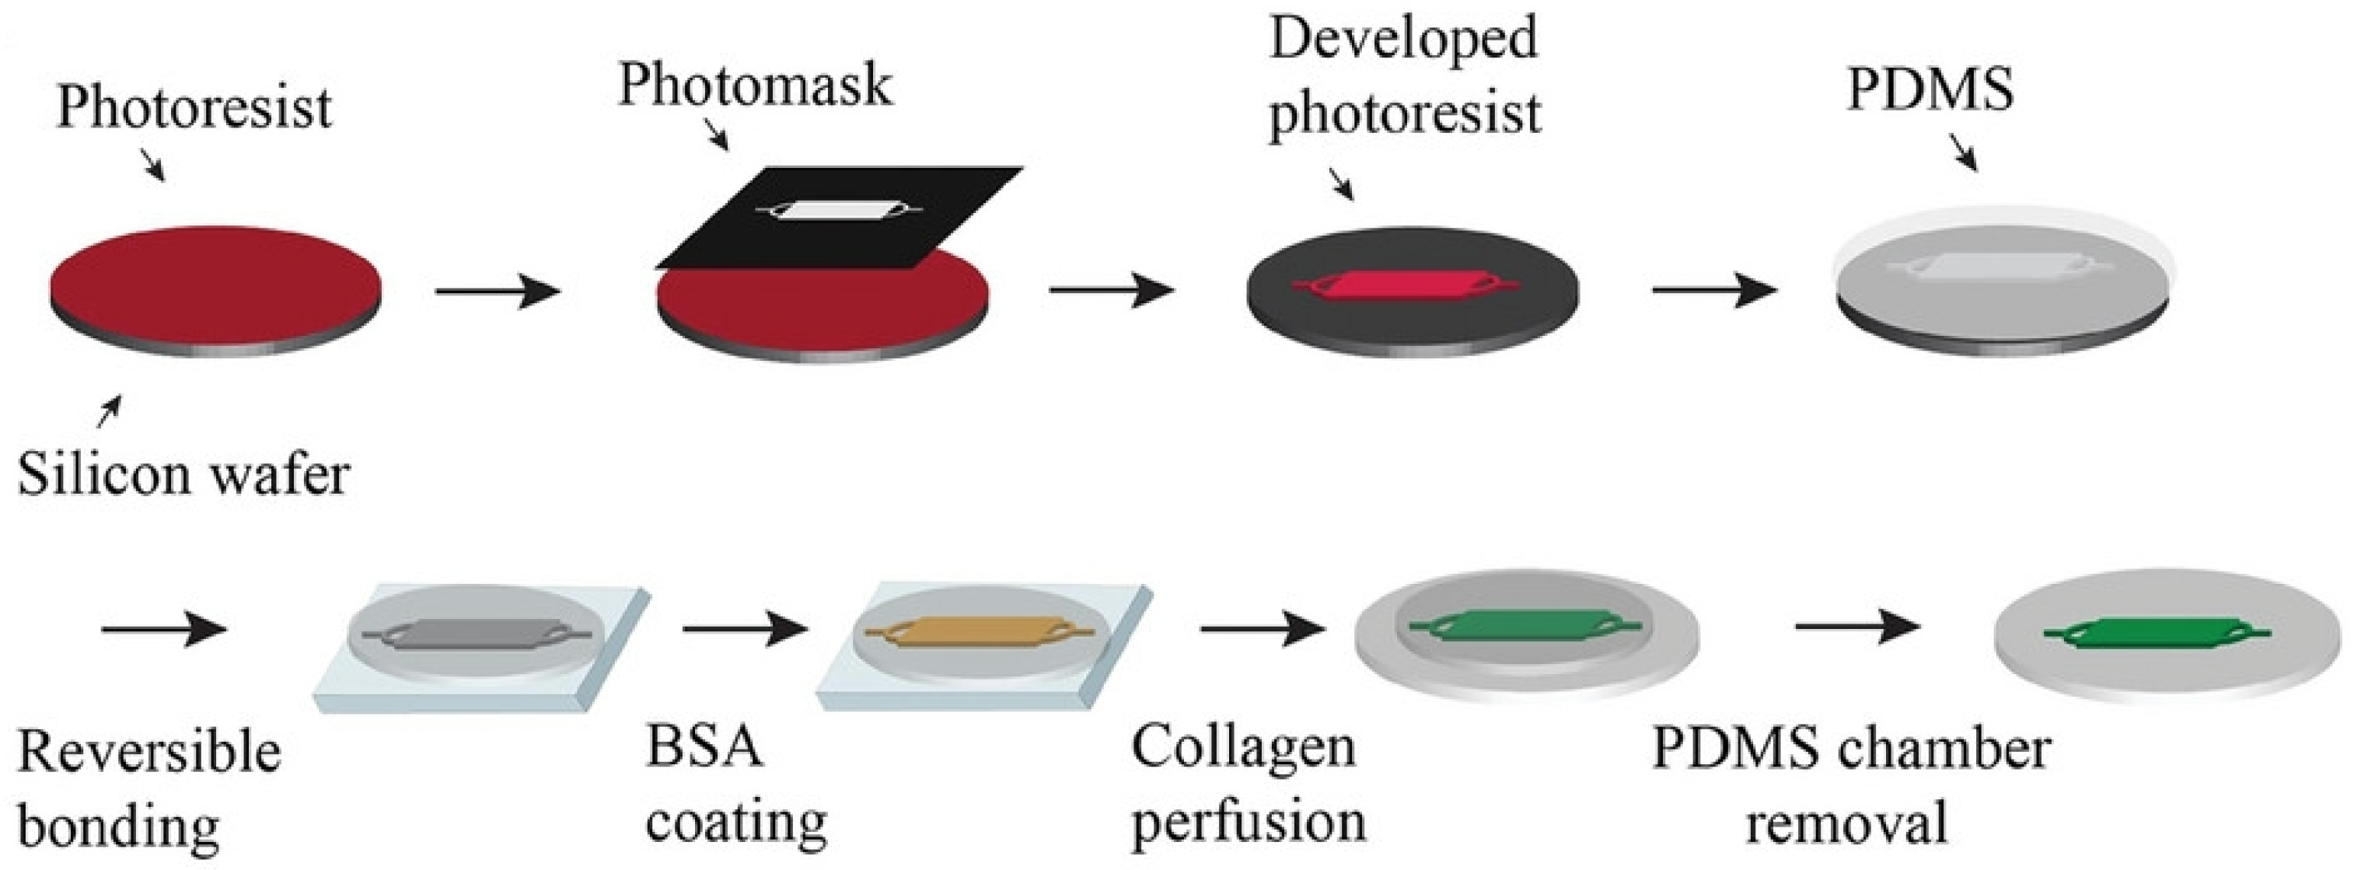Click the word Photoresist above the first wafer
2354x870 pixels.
point(194,108)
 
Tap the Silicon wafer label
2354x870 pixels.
point(183,475)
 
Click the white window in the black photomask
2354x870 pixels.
point(837,211)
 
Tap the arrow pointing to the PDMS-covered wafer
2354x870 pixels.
point(1714,292)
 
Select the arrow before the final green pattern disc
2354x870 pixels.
point(1857,627)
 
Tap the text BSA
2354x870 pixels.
point(704,746)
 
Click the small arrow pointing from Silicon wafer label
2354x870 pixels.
point(109,412)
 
